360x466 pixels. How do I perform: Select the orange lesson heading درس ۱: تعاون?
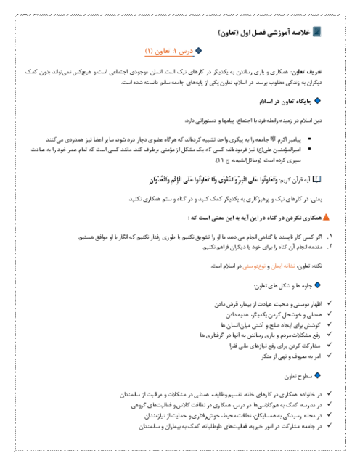[x=168, y=52]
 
